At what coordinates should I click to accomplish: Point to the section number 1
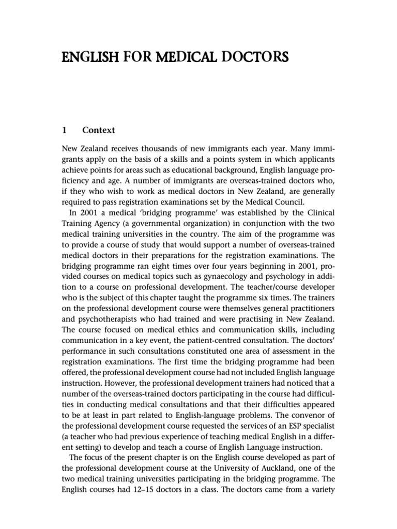[x=65, y=130]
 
